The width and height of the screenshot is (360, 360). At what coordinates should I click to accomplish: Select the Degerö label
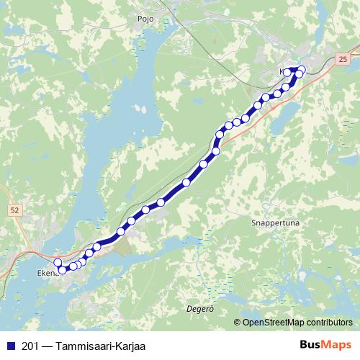pyautogui.click(x=201, y=307)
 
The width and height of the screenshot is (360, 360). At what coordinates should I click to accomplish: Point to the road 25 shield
pyautogui.click(x=341, y=57)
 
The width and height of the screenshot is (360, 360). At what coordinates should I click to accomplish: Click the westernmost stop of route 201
pyautogui.click(x=58, y=263)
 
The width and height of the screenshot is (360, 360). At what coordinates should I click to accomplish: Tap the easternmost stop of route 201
pyautogui.click(x=302, y=69)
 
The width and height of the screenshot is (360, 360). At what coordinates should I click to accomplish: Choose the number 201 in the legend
pyautogui.click(x=30, y=346)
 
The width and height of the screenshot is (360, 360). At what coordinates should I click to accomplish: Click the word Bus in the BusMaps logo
pyautogui.click(x=310, y=346)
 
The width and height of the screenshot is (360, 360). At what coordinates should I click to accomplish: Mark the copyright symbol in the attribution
pyautogui.click(x=238, y=322)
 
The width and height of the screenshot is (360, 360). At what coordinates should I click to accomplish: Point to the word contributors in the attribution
pyautogui.click(x=330, y=322)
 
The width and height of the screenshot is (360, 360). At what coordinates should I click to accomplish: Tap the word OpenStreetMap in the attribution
pyautogui.click(x=274, y=322)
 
